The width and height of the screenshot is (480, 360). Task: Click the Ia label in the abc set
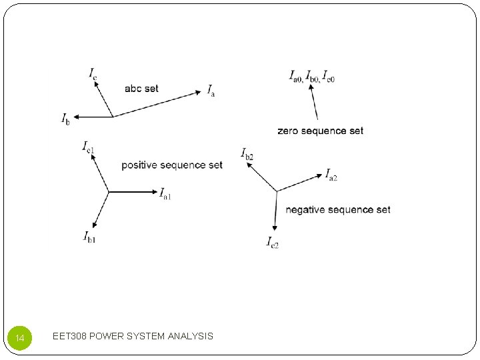click(x=211, y=91)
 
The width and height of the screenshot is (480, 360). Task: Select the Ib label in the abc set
click(x=65, y=119)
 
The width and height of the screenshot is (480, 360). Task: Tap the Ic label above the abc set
click(x=93, y=73)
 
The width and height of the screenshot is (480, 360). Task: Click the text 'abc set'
click(x=141, y=89)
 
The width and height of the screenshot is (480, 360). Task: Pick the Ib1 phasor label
click(x=89, y=236)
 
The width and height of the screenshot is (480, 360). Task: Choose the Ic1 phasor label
click(x=88, y=146)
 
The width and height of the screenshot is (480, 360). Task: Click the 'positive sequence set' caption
click(x=172, y=165)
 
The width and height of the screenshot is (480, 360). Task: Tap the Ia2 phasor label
click(x=331, y=175)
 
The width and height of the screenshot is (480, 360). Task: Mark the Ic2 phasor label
click(x=272, y=242)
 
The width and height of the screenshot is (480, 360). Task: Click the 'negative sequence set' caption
click(x=338, y=210)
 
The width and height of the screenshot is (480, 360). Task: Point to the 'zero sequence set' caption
click(x=321, y=131)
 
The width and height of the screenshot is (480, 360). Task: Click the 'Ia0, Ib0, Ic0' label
click(x=311, y=76)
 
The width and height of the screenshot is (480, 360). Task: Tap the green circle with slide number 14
click(x=19, y=338)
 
